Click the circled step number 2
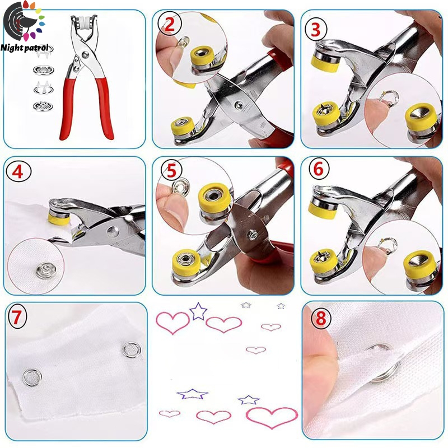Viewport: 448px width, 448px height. pos(169,24)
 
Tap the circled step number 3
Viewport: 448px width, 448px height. pos(316,29)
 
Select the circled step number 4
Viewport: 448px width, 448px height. pos(18,172)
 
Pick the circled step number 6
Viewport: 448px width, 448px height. pos(319,169)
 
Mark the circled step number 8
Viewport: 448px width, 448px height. pos(321,318)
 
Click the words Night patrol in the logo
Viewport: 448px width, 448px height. pos(25,48)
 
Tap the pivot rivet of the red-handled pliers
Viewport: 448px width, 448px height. pos(85,54)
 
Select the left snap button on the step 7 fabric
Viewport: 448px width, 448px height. pos(32,377)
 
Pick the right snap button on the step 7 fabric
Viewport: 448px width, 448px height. pos(132,350)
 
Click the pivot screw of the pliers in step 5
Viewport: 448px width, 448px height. pos(253,235)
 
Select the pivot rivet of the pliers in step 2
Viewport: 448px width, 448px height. pos(239,105)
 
